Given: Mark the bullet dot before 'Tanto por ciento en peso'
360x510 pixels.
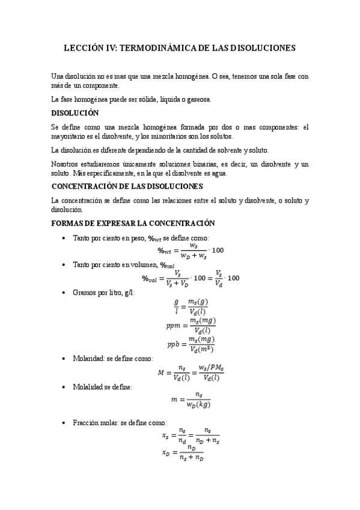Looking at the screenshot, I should click(x=64, y=239).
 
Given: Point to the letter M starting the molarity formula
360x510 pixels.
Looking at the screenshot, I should click(x=161, y=373).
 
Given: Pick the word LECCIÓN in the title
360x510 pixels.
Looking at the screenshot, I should click(x=85, y=46).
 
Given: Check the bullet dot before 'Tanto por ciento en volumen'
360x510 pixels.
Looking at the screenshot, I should click(x=64, y=265).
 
